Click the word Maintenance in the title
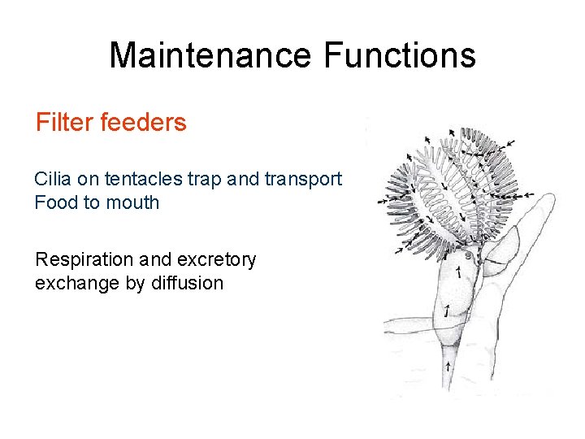(x=210, y=55)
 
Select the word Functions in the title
(x=399, y=55)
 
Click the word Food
(x=53, y=202)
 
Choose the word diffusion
(x=188, y=283)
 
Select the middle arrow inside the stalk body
(x=446, y=310)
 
